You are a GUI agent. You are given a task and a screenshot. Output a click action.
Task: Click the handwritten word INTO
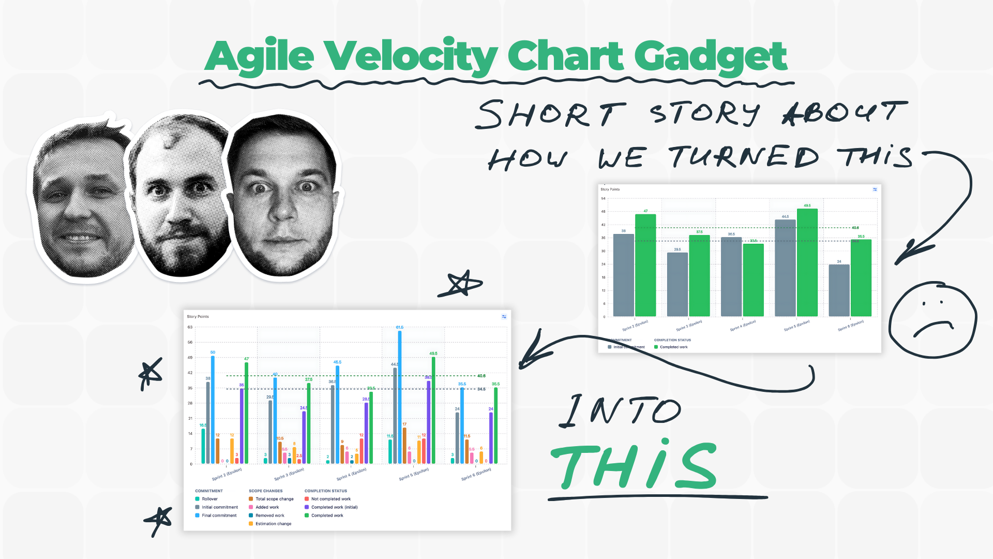[x=621, y=411]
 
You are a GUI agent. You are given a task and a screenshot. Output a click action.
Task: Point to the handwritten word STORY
[x=704, y=114]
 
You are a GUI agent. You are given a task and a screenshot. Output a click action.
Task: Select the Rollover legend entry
[x=209, y=499]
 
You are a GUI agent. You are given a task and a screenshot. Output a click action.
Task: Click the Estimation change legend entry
[x=273, y=524]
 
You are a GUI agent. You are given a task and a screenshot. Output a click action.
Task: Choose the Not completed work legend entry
[x=330, y=499]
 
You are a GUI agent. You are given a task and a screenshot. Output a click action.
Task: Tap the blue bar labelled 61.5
[x=400, y=396]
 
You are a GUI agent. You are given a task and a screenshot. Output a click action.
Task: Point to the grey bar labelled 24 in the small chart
[x=839, y=290]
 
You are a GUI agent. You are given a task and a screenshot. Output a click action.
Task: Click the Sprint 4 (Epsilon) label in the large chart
[x=351, y=474]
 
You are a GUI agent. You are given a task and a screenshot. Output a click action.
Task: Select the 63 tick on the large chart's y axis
[x=190, y=327]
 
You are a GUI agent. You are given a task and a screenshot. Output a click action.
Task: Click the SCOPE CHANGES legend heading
[x=265, y=491]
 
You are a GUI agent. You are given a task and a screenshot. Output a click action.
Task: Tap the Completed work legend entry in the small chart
[x=673, y=347]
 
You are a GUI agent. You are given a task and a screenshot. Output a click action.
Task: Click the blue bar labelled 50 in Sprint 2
[x=213, y=409]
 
